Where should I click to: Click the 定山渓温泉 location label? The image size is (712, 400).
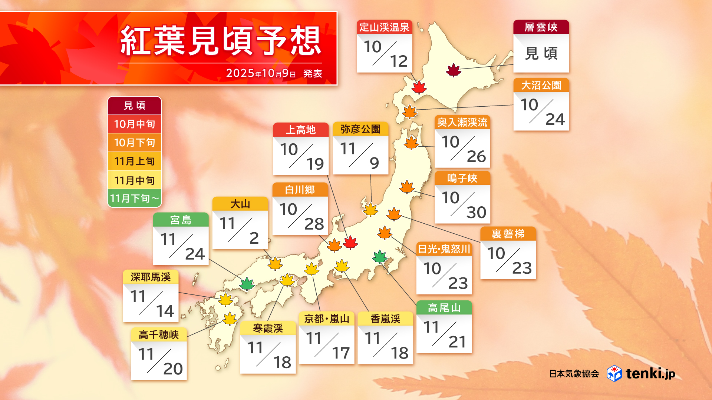pyautogui.click(x=384, y=27)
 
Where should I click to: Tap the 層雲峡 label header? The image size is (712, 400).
pyautogui.click(x=541, y=27)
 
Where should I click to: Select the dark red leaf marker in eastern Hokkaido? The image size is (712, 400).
pyautogui.click(x=453, y=70)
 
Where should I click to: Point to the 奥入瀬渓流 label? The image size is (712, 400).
pyautogui.click(x=462, y=122)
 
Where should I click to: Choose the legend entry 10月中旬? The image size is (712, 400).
pyautogui.click(x=134, y=124)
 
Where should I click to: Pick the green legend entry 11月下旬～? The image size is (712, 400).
pyautogui.click(x=134, y=199)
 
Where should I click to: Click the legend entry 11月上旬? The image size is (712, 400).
pyautogui.click(x=134, y=161)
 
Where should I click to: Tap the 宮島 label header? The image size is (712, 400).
pyautogui.click(x=181, y=220)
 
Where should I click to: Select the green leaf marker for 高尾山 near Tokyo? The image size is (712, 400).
pyautogui.click(x=379, y=256)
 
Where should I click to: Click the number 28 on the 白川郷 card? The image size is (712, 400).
pyautogui.click(x=314, y=224)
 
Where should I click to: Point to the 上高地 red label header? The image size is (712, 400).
pyautogui.click(x=301, y=130)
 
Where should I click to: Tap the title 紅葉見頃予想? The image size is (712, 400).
pyautogui.click(x=220, y=41)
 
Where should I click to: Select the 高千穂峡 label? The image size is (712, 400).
pyautogui.click(x=159, y=335)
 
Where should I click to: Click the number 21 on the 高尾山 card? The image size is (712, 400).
pyautogui.click(x=457, y=342)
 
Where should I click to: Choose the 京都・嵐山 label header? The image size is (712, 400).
pyautogui.click(x=326, y=319)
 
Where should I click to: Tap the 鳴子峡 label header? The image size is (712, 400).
pyautogui.click(x=462, y=178)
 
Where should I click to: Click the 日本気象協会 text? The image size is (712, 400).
pyautogui.click(x=574, y=374)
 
